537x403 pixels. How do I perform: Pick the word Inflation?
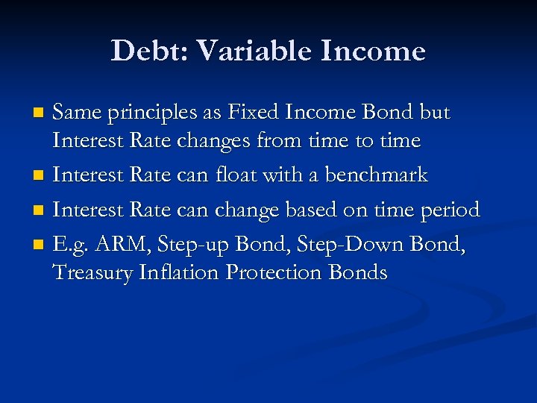(x=180, y=272)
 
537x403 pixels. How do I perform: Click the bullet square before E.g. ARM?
(x=41, y=246)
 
